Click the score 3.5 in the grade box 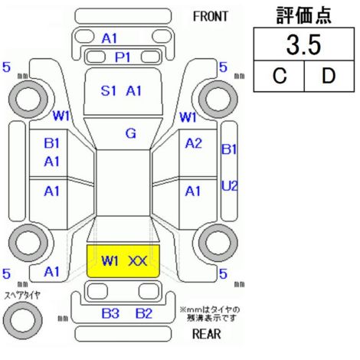coord(303,45)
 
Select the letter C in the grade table coord(280,76)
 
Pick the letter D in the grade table coord(329,76)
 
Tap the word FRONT coord(211,17)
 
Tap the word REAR coord(207,334)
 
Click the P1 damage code coord(123,57)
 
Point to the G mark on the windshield coord(131,133)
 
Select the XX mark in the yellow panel coord(138,261)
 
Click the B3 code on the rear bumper coord(110,313)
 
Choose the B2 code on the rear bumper coord(144,313)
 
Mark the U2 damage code coord(230,186)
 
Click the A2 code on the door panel coord(194,143)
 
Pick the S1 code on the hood coord(109,91)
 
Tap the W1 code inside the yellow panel coord(110,261)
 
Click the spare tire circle coord(23,320)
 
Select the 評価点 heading coord(304,15)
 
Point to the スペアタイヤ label coord(22,296)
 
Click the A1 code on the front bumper coord(110,39)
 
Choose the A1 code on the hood coord(134,91)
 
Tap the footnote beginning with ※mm coord(210,314)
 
